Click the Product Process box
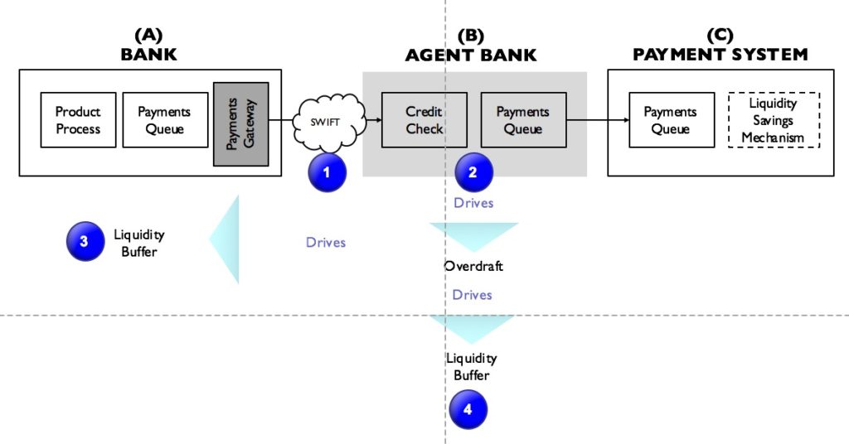pyautogui.click(x=78, y=120)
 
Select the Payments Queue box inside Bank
pyautogui.click(x=164, y=120)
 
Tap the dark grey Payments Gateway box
pyautogui.click(x=240, y=124)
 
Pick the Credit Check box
pyautogui.click(x=424, y=120)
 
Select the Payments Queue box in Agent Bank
pyautogui.click(x=523, y=120)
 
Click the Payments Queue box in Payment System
pyautogui.click(x=670, y=120)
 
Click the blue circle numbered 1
pyautogui.click(x=326, y=172)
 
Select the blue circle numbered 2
pyautogui.click(x=473, y=172)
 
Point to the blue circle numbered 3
pyautogui.click(x=85, y=241)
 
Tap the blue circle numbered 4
pyautogui.click(x=468, y=408)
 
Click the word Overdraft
pyautogui.click(x=473, y=267)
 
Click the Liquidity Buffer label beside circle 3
pyautogui.click(x=138, y=242)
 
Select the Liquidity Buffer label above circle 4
pyautogui.click(x=471, y=366)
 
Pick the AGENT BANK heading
pyautogui.click(x=470, y=55)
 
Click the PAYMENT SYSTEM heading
pyautogui.click(x=720, y=55)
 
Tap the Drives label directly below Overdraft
pyautogui.click(x=472, y=295)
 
